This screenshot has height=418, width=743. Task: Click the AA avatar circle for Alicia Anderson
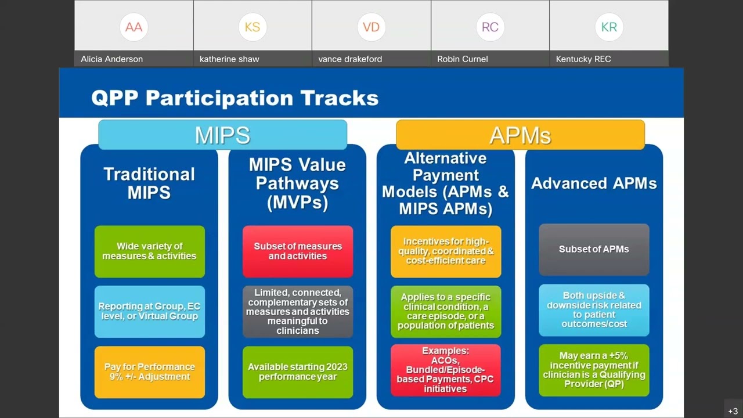click(134, 27)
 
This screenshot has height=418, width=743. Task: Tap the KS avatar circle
click(253, 27)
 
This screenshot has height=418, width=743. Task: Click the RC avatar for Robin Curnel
click(490, 27)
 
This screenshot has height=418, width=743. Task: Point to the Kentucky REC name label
click(583, 59)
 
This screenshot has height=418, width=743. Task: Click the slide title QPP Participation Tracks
click(235, 98)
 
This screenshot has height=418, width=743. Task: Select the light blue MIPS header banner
click(222, 135)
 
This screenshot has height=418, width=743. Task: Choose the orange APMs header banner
click(520, 135)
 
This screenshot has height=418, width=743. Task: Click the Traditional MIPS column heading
click(149, 183)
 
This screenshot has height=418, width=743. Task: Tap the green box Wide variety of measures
click(149, 251)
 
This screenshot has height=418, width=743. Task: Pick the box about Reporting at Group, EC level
click(149, 311)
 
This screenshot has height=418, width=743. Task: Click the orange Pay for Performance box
click(149, 372)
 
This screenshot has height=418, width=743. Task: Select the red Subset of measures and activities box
click(298, 251)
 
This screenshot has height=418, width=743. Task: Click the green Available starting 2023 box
click(298, 372)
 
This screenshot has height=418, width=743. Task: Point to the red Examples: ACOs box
click(445, 370)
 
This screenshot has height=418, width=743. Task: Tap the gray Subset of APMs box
click(594, 249)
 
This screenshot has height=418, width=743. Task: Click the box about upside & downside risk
click(594, 310)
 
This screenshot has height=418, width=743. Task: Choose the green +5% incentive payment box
click(594, 370)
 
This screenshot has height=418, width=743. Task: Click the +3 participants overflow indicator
click(733, 411)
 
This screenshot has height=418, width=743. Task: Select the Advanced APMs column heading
click(594, 183)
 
